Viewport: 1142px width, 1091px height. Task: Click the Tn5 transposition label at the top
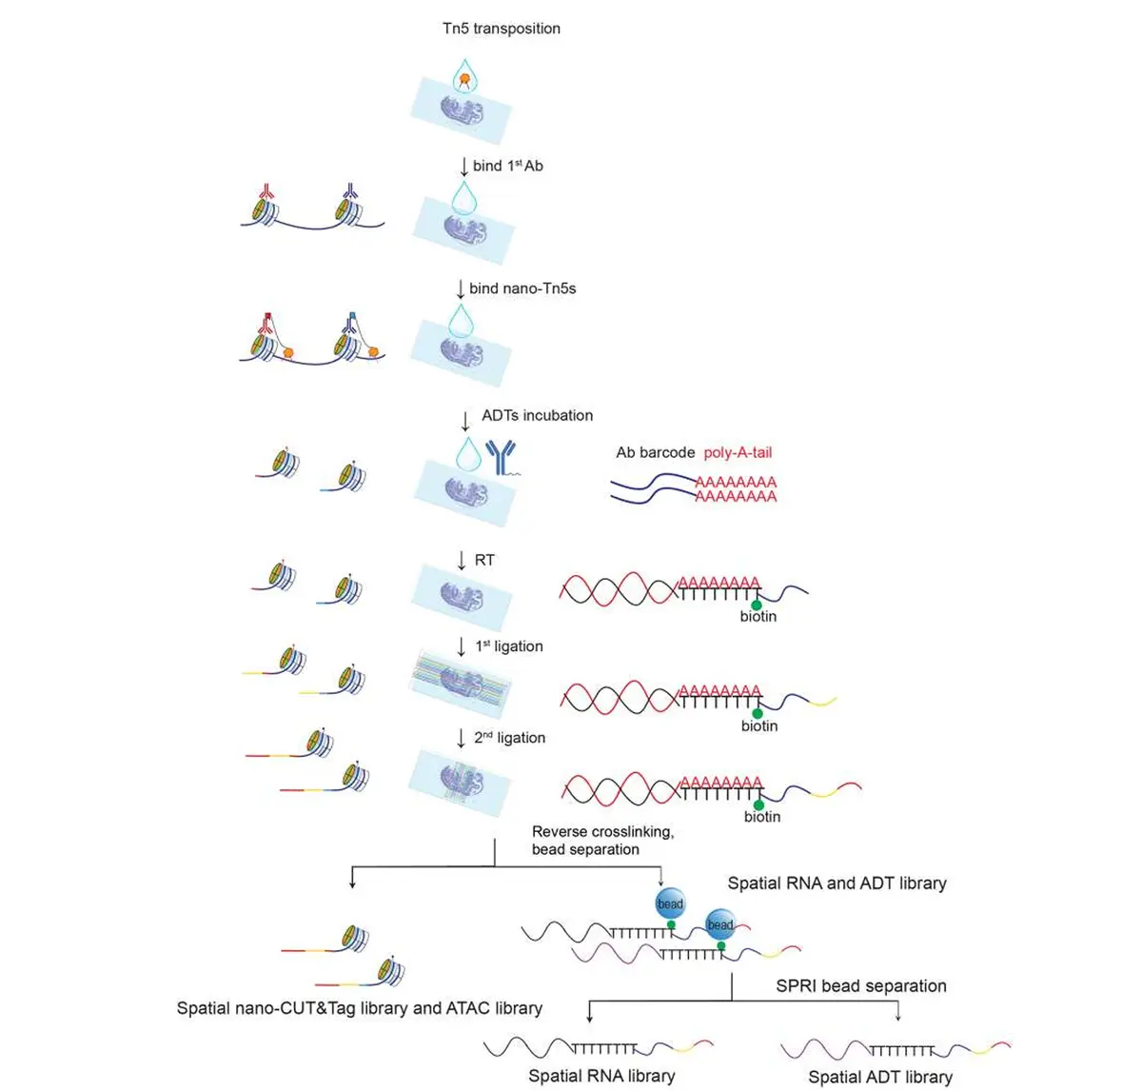click(x=502, y=29)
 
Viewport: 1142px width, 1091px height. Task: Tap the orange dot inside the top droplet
click(x=464, y=81)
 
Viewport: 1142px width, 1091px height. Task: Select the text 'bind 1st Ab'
click(x=507, y=166)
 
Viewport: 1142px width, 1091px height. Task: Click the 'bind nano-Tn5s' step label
click(x=522, y=288)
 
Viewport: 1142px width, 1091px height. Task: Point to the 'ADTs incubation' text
click(x=537, y=416)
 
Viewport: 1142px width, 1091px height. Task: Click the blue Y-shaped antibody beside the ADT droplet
click(x=501, y=456)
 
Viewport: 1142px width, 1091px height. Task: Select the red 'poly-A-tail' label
click(x=738, y=453)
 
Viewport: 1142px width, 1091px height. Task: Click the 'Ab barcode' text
click(x=655, y=453)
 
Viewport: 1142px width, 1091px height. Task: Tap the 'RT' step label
click(x=484, y=561)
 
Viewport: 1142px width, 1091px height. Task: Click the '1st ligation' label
click(x=509, y=646)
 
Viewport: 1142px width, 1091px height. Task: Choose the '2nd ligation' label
click(x=510, y=738)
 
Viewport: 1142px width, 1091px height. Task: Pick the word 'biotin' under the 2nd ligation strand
click(x=761, y=817)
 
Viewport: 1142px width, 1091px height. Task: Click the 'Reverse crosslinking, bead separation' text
click(x=601, y=841)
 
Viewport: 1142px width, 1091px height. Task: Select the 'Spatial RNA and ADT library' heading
click(x=837, y=883)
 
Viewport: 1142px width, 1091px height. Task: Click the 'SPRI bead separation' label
click(x=860, y=986)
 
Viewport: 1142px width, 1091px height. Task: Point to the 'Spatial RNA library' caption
click(x=601, y=1077)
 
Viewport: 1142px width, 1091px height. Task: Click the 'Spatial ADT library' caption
click(x=880, y=1078)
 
